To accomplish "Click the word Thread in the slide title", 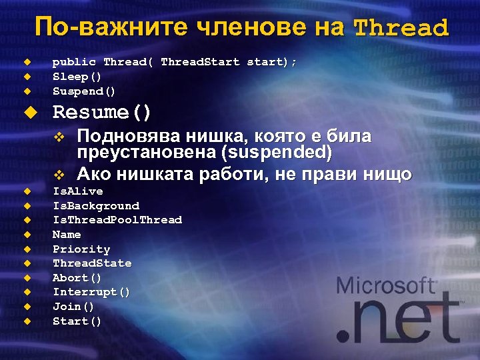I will coord(401,29).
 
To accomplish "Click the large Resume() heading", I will coord(102,112).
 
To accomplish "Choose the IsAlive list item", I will coord(78,191).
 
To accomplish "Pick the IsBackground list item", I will coord(96,206).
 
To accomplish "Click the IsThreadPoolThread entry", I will coord(117,220).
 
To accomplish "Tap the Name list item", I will coord(67,235).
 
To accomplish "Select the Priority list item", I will coord(81,249).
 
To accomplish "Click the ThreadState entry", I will coord(92,263).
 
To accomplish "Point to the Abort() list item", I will coord(77,278).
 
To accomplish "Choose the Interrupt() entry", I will coord(91,292).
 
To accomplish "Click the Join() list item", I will coord(73,307).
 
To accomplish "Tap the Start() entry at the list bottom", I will coord(77,321).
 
